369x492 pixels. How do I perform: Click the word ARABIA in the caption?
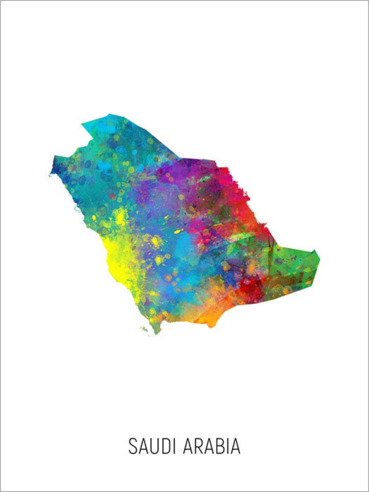point(212,446)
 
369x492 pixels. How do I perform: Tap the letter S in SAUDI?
point(132,446)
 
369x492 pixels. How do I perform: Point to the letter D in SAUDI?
point(166,446)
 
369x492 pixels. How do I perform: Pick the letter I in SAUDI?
point(175,446)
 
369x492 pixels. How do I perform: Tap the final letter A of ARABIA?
point(235,446)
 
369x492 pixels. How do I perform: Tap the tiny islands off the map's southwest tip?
point(145,329)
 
